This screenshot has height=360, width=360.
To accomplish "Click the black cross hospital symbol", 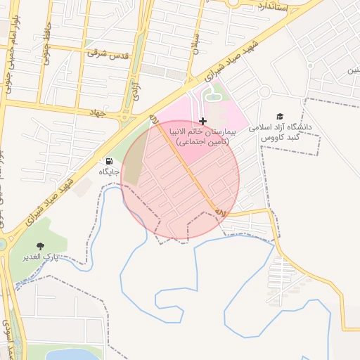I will click(x=202, y=122).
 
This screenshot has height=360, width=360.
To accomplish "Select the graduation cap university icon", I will click(x=280, y=116).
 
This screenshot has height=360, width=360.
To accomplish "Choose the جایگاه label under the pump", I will click(x=109, y=172).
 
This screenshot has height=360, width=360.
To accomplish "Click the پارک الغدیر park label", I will click(x=53, y=257).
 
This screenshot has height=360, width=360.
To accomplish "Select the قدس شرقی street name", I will click(x=108, y=53).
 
